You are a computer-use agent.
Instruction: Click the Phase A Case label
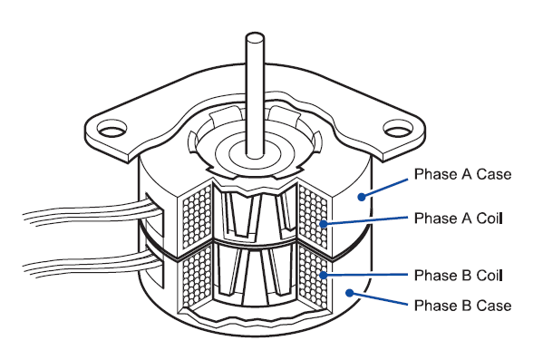[462, 173]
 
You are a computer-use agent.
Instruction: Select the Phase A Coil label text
[458, 219]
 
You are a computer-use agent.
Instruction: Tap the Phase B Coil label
[458, 275]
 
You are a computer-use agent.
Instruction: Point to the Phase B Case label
[462, 306]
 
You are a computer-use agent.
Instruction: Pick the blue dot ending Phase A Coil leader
[323, 223]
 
